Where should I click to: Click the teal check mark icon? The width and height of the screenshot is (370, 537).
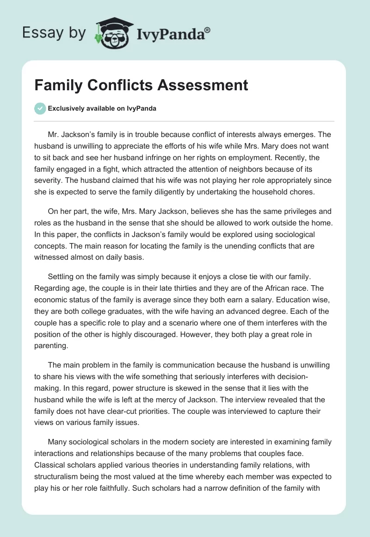point(40,108)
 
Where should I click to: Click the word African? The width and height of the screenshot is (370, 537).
point(281,287)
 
